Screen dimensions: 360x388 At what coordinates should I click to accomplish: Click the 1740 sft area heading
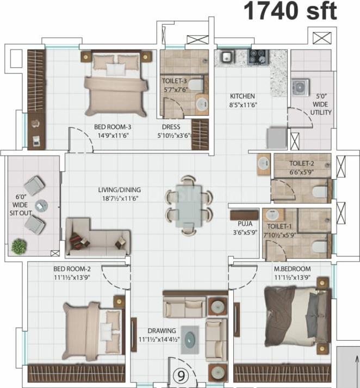click(x=290, y=11)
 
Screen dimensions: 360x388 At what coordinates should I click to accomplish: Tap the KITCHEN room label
click(x=243, y=96)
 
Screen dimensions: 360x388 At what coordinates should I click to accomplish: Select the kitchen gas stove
click(x=258, y=57)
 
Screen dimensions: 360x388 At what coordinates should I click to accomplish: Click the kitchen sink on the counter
click(x=226, y=57)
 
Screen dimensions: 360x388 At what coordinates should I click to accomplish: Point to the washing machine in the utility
click(x=300, y=88)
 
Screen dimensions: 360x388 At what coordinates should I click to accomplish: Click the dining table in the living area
click(x=189, y=205)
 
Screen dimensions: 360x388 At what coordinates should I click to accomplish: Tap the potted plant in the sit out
click(x=19, y=246)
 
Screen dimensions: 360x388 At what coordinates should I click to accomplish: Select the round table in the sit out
click(x=41, y=205)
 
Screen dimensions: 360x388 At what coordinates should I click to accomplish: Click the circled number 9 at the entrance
click(x=181, y=376)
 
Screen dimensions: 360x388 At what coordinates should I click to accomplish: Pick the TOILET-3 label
click(x=175, y=81)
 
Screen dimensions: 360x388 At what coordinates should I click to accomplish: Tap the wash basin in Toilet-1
click(x=272, y=214)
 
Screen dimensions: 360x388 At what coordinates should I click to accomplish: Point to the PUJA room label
click(x=245, y=224)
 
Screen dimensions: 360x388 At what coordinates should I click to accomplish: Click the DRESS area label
click(x=171, y=127)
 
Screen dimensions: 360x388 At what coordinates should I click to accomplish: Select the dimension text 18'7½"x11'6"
click(x=120, y=199)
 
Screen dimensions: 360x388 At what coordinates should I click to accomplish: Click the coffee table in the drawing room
click(x=190, y=340)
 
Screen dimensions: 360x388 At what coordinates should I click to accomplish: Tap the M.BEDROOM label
click(x=292, y=269)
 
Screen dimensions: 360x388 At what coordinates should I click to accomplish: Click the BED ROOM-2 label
click(x=72, y=269)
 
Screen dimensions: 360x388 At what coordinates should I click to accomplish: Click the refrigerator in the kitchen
click(x=276, y=138)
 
